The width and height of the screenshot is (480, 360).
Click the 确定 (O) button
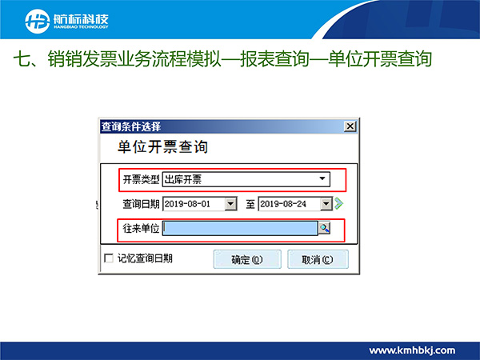point(247,259)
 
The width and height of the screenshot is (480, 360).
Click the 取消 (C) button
point(318,259)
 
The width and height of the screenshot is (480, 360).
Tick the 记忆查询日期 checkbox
point(109,258)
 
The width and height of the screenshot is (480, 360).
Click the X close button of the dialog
point(350,126)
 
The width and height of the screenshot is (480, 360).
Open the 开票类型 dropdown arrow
point(322,178)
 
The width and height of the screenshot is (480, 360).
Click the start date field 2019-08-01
point(194,204)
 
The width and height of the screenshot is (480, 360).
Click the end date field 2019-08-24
point(290,204)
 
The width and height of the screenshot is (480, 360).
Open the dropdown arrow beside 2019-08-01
point(231,204)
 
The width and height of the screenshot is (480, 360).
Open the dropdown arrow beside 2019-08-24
point(326,204)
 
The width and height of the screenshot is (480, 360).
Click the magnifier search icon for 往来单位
point(325,228)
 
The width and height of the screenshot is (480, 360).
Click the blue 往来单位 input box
point(240,228)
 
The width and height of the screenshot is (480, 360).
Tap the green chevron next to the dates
point(338,203)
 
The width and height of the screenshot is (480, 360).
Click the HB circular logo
point(38,21)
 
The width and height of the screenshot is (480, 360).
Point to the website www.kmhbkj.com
point(412,350)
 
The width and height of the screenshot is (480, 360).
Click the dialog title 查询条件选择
point(131,126)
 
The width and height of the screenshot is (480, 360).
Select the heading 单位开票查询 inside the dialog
point(162,146)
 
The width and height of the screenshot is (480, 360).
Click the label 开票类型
point(141,179)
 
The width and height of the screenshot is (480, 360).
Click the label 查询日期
point(141,204)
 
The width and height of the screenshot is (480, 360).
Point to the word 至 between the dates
point(250,204)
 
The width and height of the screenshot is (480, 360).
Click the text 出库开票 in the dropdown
point(183,179)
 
